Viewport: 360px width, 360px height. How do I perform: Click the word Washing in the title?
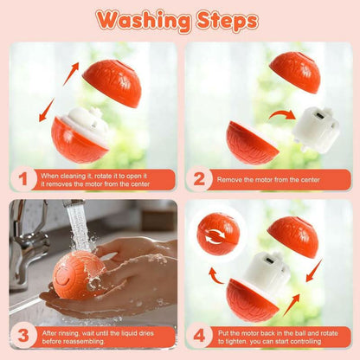click(144, 21)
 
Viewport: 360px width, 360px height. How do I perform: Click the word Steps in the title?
click(228, 22)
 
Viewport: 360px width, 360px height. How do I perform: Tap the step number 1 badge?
click(22, 179)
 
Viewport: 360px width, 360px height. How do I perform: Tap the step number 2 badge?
click(199, 179)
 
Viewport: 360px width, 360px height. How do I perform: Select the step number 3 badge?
click(22, 337)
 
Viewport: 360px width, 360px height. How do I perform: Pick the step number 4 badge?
click(199, 337)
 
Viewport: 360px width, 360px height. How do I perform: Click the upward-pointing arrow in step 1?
click(71, 74)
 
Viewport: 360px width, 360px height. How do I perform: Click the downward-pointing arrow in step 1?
click(47, 110)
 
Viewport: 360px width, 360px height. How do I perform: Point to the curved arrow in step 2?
click(282, 114)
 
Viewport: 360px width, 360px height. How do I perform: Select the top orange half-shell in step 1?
click(113, 83)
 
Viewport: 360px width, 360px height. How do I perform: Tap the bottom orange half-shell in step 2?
click(250, 144)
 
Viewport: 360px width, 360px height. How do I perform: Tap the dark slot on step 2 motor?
click(319, 116)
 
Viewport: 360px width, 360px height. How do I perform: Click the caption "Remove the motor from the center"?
click(268, 180)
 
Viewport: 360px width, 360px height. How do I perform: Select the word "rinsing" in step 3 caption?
click(67, 333)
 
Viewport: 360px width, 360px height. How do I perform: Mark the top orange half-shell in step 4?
click(293, 236)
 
